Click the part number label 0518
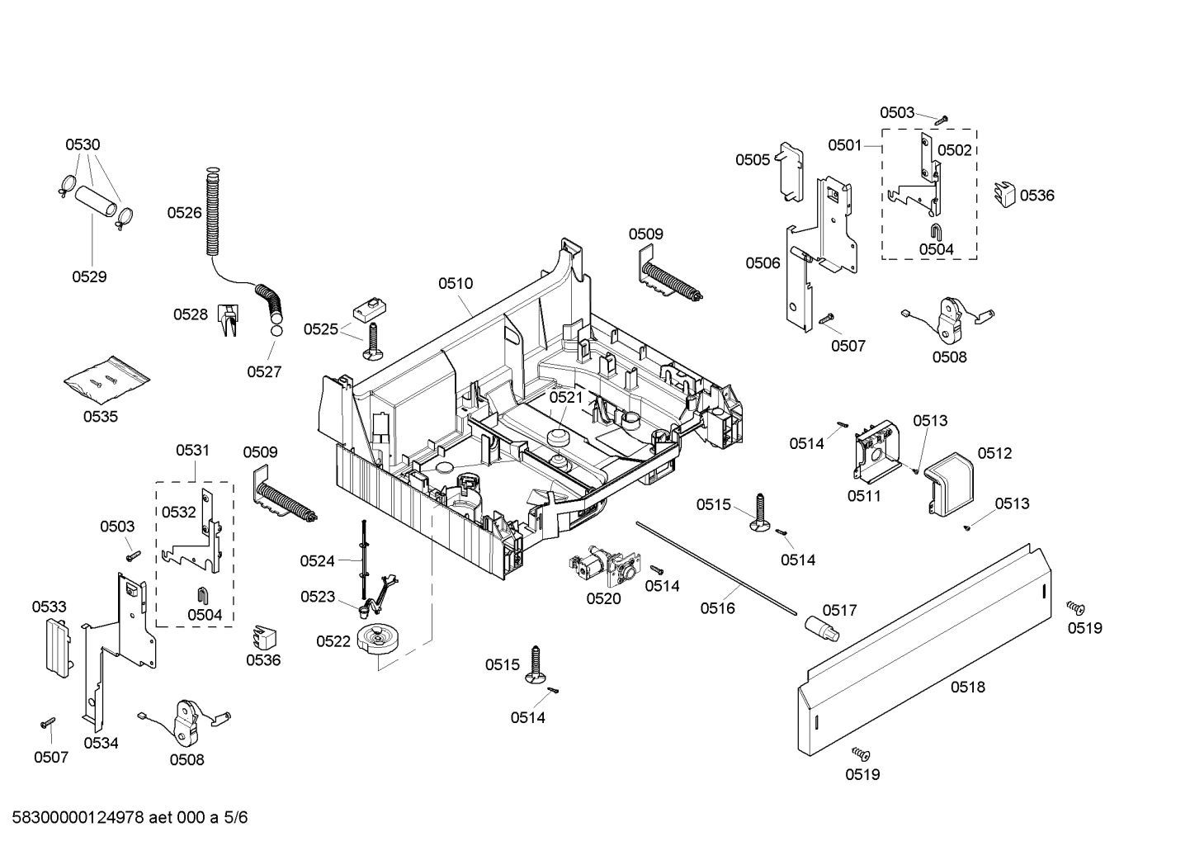click(967, 687)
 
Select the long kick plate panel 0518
click(924, 652)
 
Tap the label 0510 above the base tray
click(456, 284)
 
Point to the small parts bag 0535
click(107, 380)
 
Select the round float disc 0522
click(379, 640)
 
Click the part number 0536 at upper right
click(1037, 196)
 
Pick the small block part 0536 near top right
click(1004, 194)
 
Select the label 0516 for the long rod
click(717, 608)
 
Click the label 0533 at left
click(49, 607)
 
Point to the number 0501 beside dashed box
click(845, 145)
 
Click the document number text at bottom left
click(125, 818)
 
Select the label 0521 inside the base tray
click(566, 397)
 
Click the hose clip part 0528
click(227, 318)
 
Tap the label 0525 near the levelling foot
click(320, 329)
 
